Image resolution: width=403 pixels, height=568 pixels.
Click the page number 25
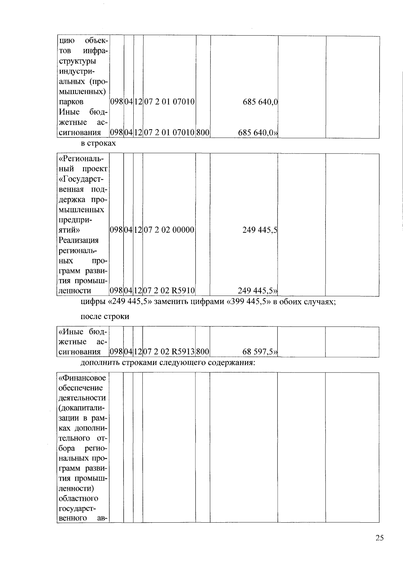(x=379, y=547)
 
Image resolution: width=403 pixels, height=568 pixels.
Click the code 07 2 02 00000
(x=169, y=230)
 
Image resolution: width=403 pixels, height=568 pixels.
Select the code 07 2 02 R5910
(x=169, y=290)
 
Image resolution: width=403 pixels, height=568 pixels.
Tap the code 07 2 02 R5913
(x=169, y=352)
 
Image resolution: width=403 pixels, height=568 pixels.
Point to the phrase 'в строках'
(x=98, y=143)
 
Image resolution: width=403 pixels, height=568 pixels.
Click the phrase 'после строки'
(x=105, y=317)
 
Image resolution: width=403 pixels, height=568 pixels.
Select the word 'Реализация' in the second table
(x=79, y=240)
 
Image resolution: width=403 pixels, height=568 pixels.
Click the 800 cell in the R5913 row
(x=203, y=352)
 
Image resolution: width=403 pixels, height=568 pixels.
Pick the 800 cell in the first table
(x=203, y=133)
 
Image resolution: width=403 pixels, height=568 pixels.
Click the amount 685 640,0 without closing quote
(x=260, y=102)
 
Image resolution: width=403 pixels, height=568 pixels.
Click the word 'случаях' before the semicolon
(x=319, y=302)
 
